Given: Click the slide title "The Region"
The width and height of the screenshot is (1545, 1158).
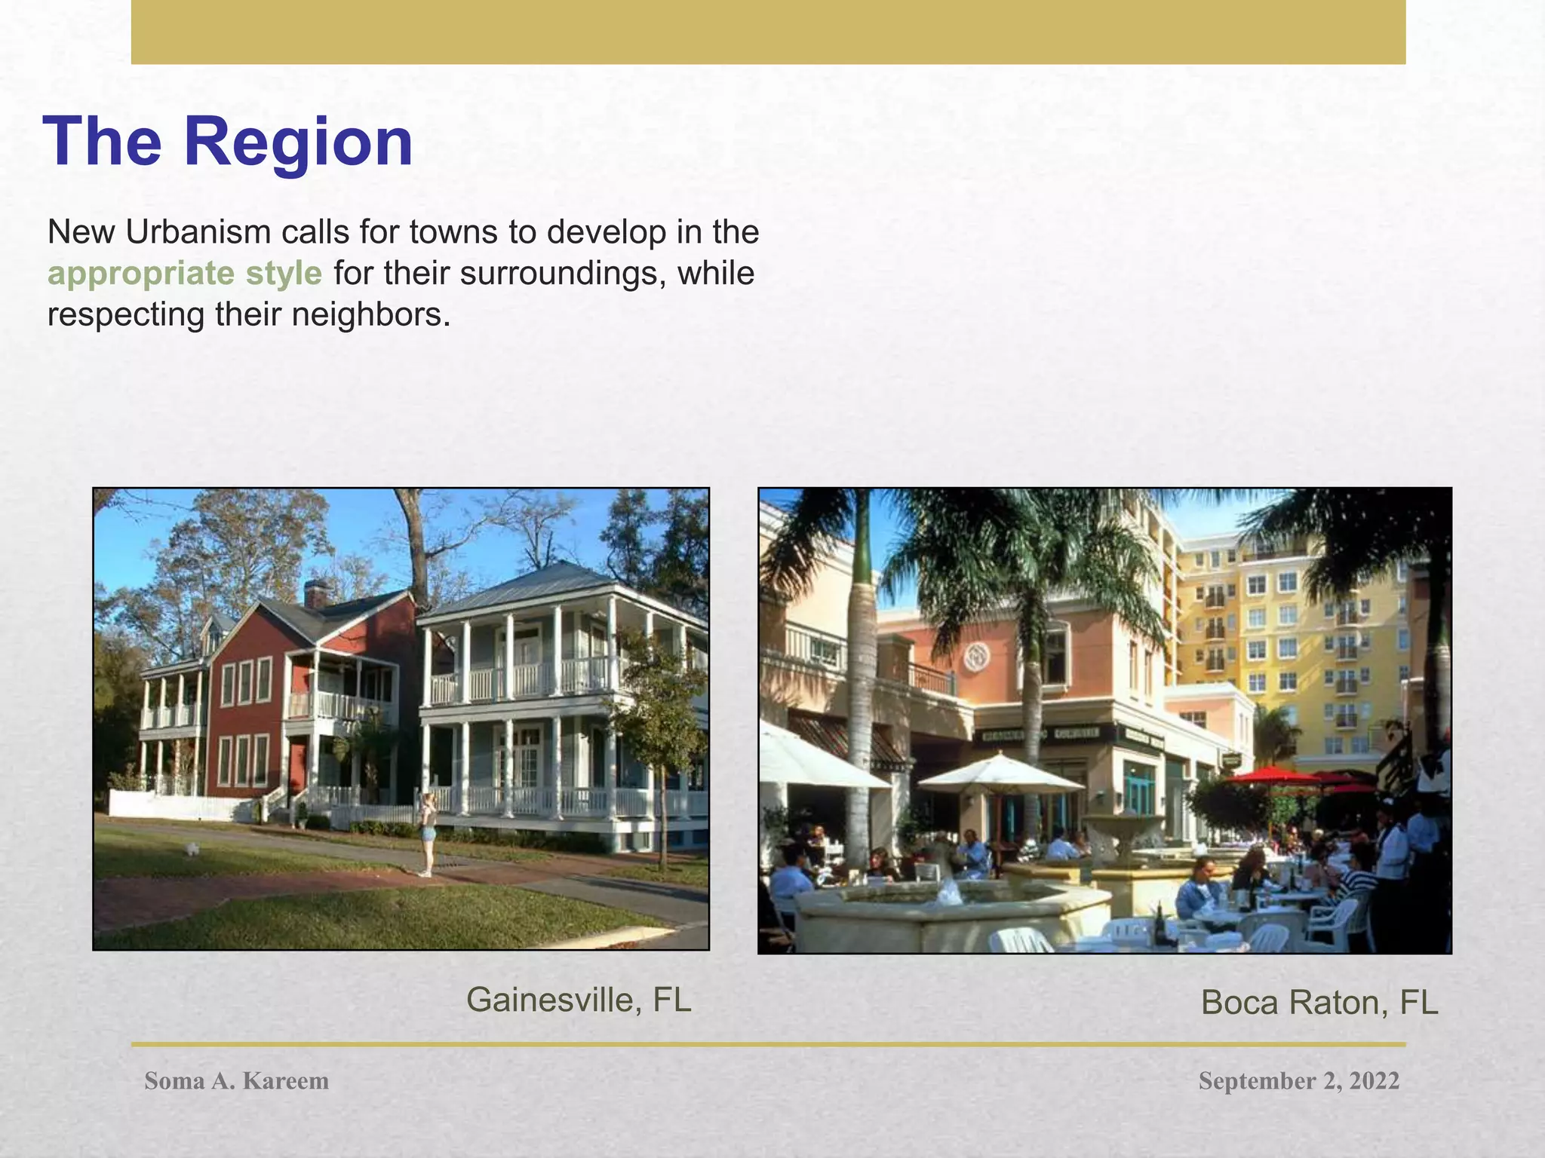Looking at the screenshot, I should pos(229,142).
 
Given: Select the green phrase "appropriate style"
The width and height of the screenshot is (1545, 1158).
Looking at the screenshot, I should pos(185,273).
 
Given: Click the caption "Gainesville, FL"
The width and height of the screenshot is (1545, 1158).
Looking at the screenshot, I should pos(579,1000).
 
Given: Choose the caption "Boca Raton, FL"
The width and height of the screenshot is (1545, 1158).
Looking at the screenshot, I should pos(1319,1003).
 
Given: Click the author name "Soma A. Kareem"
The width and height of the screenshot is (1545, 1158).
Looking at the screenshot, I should pos(237,1081).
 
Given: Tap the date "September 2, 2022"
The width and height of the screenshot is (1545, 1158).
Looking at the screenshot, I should pos(1298,1081).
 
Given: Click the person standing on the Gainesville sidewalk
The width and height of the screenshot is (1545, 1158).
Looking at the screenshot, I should pos(428,833).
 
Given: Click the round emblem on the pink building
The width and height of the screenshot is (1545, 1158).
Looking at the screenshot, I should pos(978,657).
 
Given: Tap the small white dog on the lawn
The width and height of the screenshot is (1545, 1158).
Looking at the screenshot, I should pos(193,849).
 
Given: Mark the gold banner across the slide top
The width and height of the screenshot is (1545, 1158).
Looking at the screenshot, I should pos(768,32).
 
